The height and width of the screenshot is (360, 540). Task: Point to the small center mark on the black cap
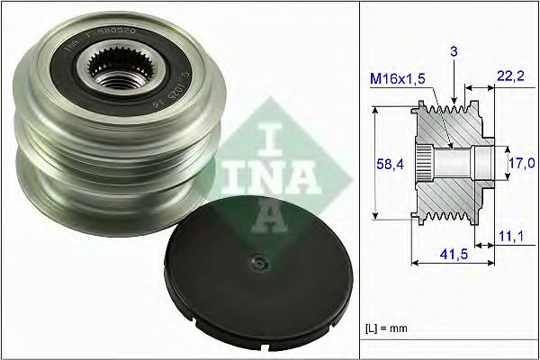pyautogui.click(x=258, y=264)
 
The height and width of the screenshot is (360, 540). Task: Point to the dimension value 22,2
pyautogui.click(x=510, y=79)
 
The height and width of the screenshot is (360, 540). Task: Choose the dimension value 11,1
pyautogui.click(x=510, y=236)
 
